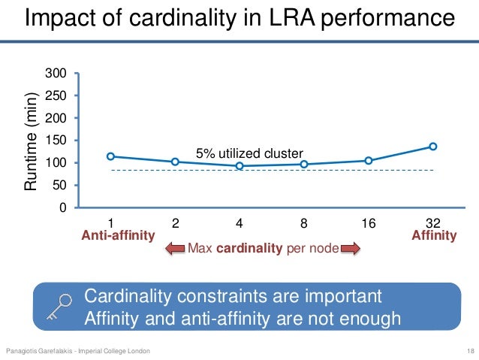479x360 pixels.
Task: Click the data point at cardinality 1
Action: tap(111, 156)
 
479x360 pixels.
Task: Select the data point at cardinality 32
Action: tap(433, 147)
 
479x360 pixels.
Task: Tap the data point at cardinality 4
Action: tap(239, 166)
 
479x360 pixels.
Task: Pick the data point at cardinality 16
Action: tap(369, 160)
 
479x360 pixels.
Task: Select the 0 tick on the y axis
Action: tap(64, 207)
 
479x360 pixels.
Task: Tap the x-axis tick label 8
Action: tap(304, 222)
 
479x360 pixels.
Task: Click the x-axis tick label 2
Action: tap(175, 222)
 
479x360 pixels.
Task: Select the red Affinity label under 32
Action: tap(434, 235)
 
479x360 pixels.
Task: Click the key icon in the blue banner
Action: tap(57, 306)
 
